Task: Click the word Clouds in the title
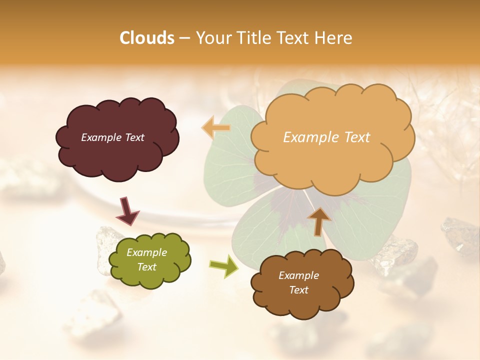[x=146, y=38]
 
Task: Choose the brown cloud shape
[x=302, y=300]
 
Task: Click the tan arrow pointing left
[x=216, y=128]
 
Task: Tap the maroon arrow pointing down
[x=127, y=210]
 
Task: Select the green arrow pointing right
[x=224, y=266]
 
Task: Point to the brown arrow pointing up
[x=319, y=220]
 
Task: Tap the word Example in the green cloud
[x=146, y=253]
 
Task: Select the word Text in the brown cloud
[x=298, y=290]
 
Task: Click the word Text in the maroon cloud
[x=134, y=137]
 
